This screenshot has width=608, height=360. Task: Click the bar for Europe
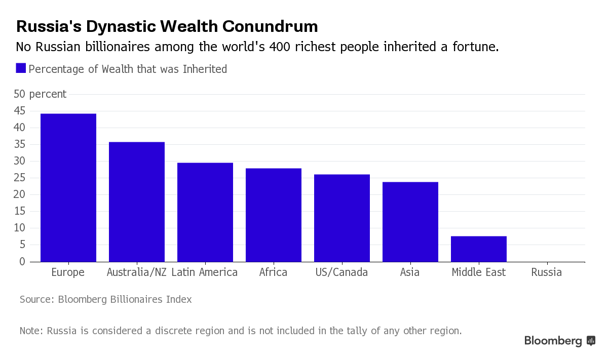68,187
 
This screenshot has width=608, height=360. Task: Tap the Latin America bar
205,212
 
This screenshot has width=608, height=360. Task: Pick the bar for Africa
274,215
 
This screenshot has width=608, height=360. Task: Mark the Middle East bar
479,249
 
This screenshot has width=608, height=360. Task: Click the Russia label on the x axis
547,272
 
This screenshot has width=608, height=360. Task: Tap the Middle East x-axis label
479,272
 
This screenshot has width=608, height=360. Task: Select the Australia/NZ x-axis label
137,272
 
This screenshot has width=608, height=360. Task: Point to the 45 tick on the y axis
20,111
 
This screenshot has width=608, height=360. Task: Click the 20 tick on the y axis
20,194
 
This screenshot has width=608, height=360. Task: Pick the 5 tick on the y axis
23,245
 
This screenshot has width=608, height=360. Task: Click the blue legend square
21,68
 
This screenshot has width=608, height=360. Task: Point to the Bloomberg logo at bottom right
559,341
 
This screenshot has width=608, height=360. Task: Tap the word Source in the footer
36,299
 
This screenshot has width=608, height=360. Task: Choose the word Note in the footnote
31,331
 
